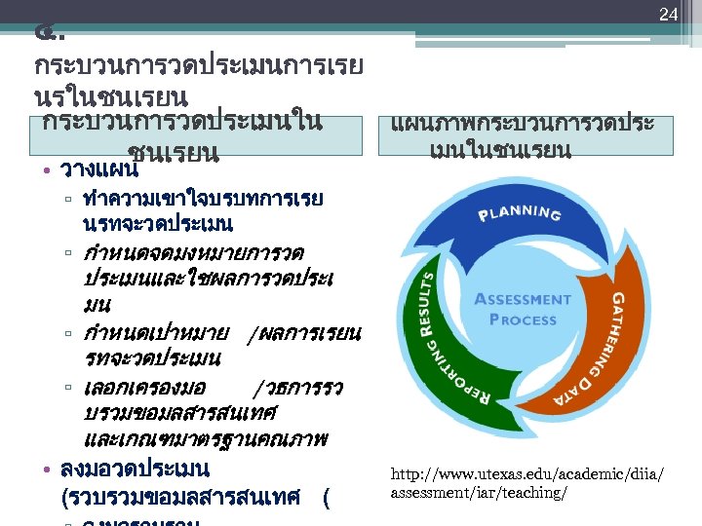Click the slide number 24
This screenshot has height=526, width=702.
[668, 15]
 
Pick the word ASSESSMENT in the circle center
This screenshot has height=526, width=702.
[522, 299]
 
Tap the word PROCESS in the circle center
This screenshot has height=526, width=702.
[522, 319]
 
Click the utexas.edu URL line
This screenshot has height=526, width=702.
[526, 473]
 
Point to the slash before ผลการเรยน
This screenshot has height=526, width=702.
[255, 335]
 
